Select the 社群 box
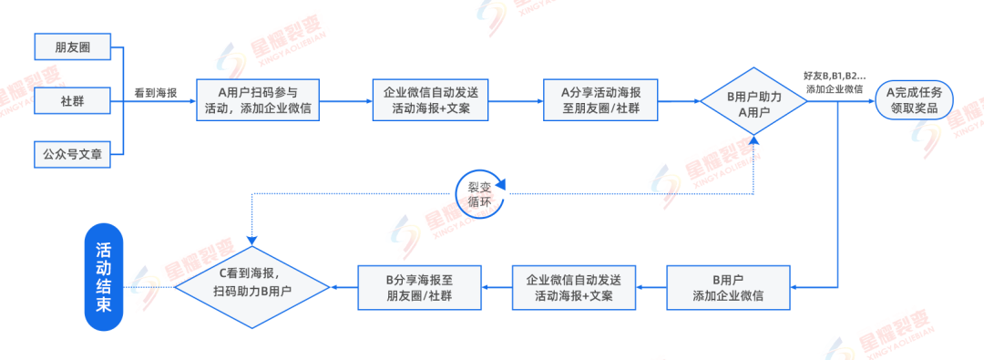(72, 99)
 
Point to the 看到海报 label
(157, 92)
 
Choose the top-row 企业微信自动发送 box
(431, 100)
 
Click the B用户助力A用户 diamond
(754, 100)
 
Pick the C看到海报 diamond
(252, 287)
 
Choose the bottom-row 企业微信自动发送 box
(574, 287)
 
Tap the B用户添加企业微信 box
(728, 287)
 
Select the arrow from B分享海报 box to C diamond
(344, 287)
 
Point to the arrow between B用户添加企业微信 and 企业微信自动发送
(651, 287)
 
